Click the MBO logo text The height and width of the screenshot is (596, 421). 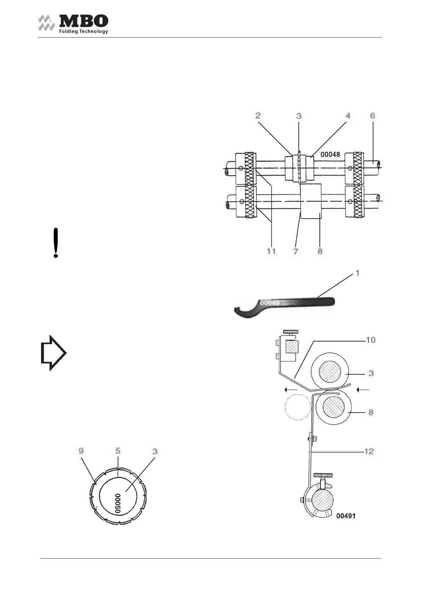(83, 21)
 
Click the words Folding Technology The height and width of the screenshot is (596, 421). (83, 31)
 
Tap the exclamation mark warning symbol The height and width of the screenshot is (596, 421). (56, 243)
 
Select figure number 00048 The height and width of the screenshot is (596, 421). (330, 154)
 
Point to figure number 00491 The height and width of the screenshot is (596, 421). (346, 516)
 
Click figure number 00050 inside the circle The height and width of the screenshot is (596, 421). (118, 503)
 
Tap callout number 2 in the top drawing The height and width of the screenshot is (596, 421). (258, 116)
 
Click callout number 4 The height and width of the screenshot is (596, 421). (348, 116)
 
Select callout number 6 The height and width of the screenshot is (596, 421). (373, 116)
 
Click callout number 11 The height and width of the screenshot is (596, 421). (271, 251)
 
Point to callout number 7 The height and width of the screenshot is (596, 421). (296, 251)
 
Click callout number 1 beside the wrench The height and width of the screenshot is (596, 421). (358, 273)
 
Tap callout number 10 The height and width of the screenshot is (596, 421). (370, 340)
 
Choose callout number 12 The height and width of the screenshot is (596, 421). (369, 452)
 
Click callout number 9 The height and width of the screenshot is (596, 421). (81, 451)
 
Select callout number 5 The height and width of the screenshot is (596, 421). (118, 451)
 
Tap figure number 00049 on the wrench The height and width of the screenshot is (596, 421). (270, 303)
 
